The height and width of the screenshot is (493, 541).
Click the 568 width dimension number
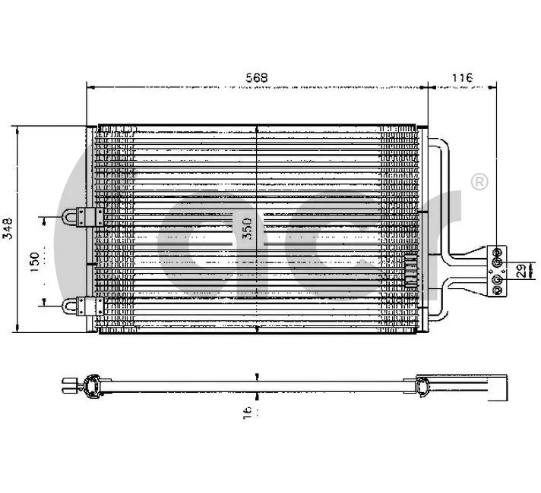[259, 77]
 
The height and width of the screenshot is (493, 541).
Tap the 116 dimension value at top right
[462, 77]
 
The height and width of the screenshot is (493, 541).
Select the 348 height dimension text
[8, 228]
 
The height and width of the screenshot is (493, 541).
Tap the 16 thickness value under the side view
[248, 411]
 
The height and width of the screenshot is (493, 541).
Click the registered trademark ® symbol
[479, 182]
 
